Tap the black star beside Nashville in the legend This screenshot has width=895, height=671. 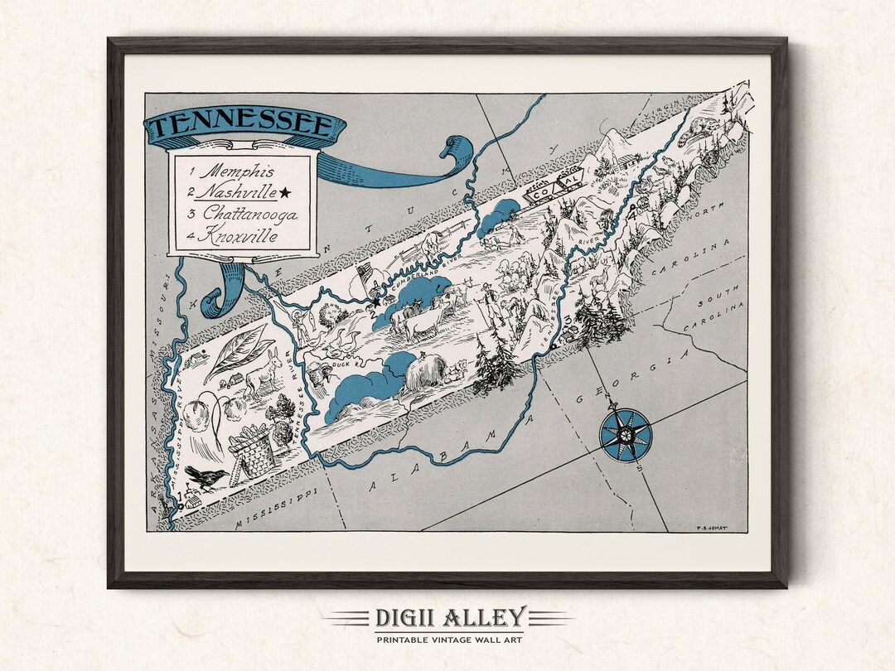click(x=286, y=193)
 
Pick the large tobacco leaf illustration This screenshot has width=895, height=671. click(x=236, y=352)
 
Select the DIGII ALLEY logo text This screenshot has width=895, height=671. click(x=447, y=618)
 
